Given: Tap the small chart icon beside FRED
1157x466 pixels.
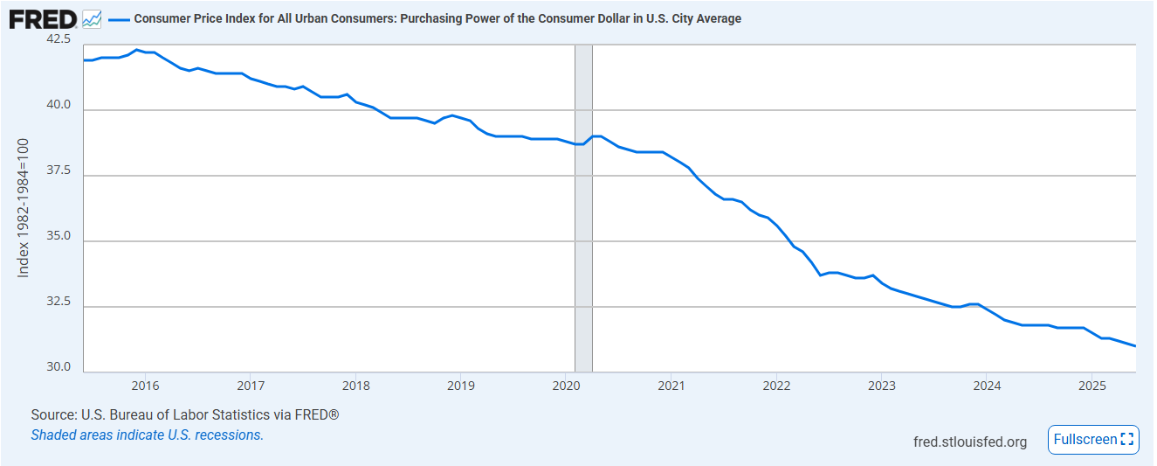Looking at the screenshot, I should click(x=92, y=18).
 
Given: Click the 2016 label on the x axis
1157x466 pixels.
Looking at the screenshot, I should click(x=145, y=385).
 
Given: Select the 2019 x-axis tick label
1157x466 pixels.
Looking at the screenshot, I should click(x=460, y=385).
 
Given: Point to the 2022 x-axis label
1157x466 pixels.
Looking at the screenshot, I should click(x=776, y=385).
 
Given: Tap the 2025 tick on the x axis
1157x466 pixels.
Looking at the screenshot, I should click(x=1092, y=385).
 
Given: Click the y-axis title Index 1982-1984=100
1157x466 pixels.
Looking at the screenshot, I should click(x=24, y=207).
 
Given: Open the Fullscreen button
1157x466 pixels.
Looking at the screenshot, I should click(x=1093, y=440).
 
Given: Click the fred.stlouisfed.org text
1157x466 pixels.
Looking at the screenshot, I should click(x=969, y=442).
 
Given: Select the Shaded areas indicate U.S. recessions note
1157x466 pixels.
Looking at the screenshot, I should click(x=147, y=435).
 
